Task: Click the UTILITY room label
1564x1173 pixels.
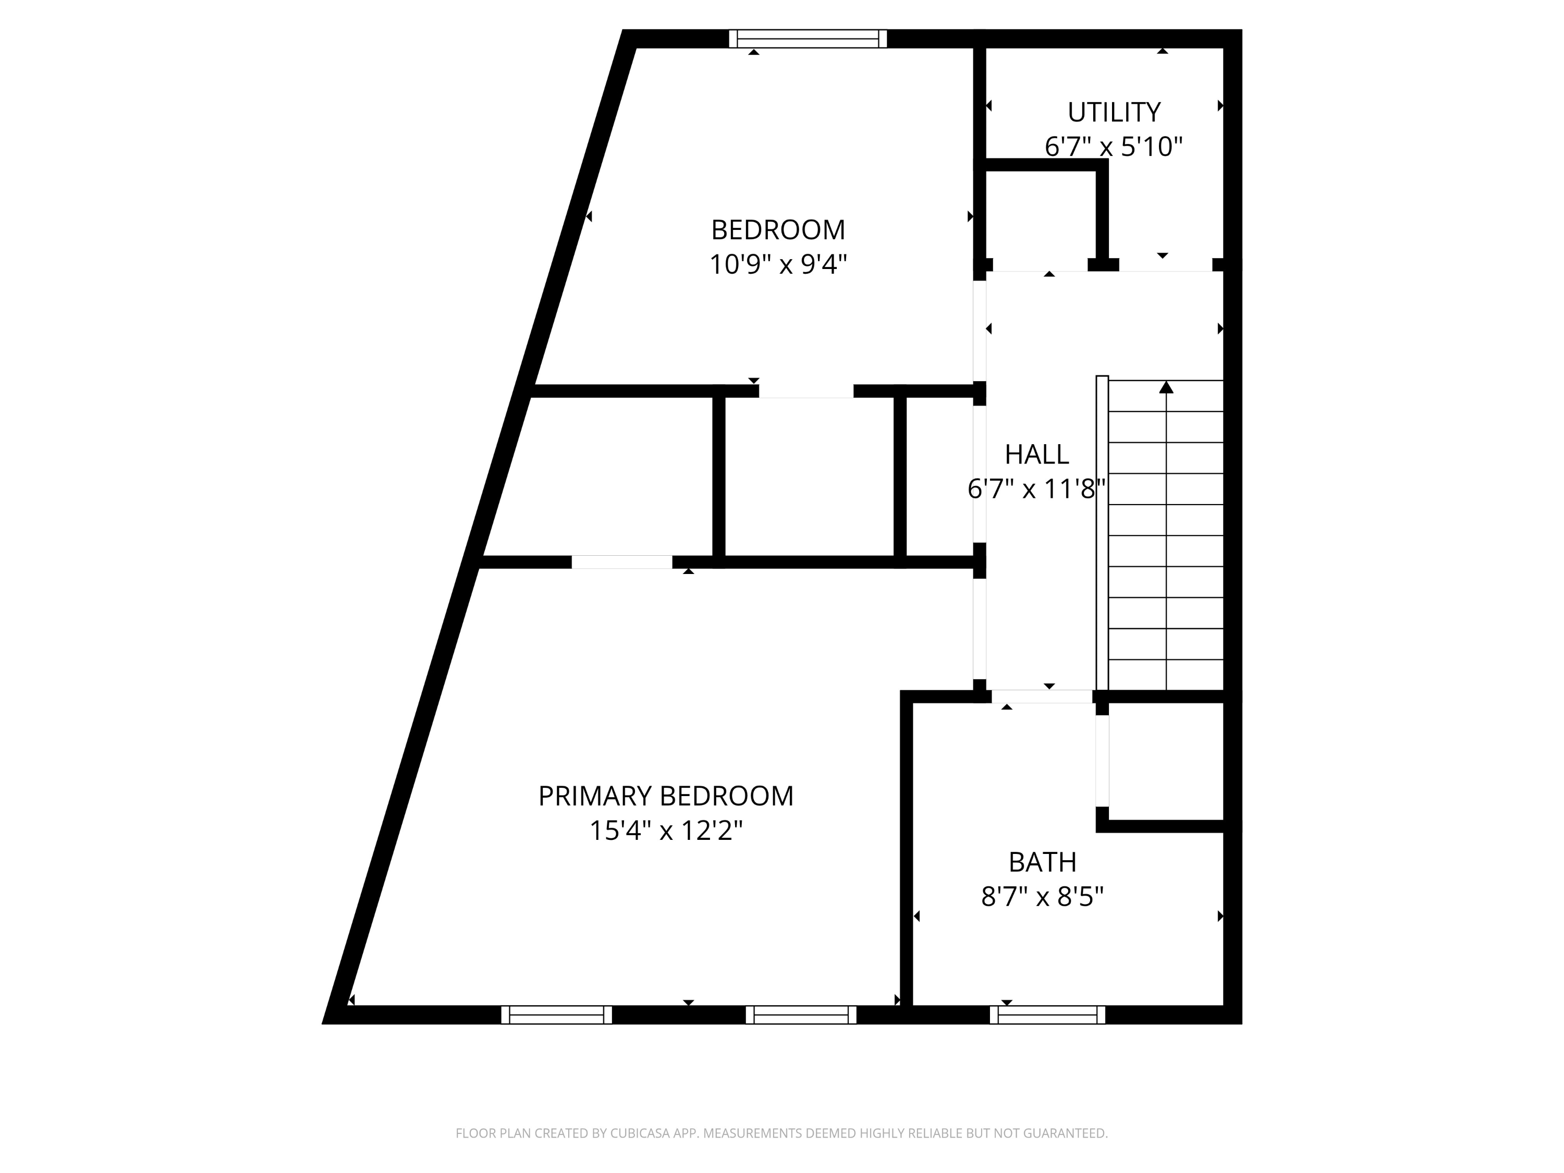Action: [x=1114, y=113]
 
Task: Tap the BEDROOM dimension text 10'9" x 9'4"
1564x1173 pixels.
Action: [x=778, y=264]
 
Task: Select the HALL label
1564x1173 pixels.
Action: [x=1036, y=455]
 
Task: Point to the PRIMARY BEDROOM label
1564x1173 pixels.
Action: [x=665, y=796]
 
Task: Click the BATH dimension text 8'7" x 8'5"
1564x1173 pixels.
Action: [x=1042, y=897]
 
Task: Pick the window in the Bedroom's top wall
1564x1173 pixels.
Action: [x=808, y=39]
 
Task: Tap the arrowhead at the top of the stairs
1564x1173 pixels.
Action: [x=1166, y=387]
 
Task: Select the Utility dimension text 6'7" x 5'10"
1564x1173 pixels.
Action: [x=1114, y=147]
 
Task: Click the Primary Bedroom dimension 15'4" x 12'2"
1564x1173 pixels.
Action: [x=665, y=831]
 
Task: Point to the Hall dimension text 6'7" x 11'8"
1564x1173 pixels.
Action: [x=1036, y=488]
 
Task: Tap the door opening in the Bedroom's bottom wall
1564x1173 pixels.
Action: [x=806, y=391]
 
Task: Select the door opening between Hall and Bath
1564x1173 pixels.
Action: [x=1042, y=697]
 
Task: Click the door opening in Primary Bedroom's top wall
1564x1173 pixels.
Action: [x=621, y=562]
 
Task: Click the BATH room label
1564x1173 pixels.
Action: [x=1042, y=863]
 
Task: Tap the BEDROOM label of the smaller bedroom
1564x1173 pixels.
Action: [x=778, y=230]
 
